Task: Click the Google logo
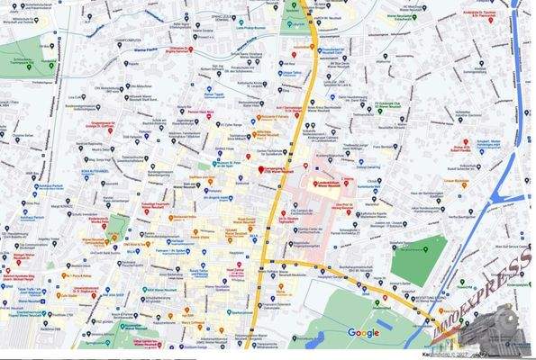pos(363,333)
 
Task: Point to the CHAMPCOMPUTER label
pos(132,40)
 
